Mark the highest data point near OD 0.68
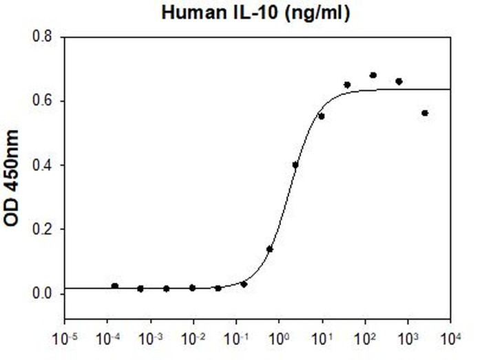pos(373,75)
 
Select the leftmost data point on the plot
pos(115,286)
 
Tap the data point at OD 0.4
pos(295,165)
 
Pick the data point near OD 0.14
pos(270,248)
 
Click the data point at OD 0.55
pos(321,116)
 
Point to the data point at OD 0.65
pos(347,85)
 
